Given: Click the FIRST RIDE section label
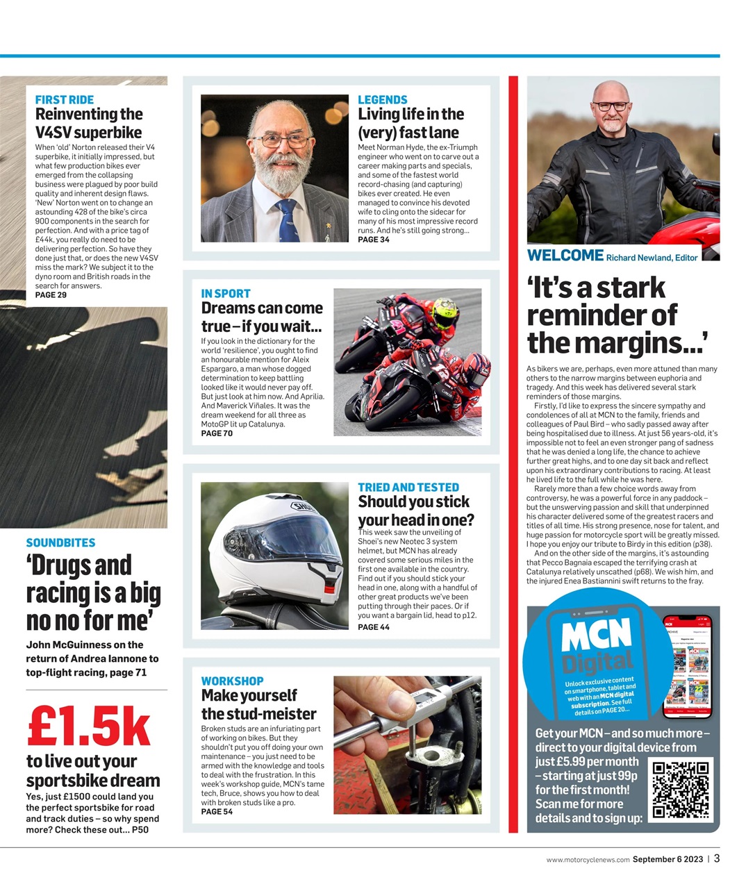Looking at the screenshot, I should pyautogui.click(x=64, y=100).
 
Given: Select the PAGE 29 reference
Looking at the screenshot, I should pyautogui.click(x=51, y=295).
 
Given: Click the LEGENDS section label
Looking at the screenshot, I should pyautogui.click(x=382, y=100).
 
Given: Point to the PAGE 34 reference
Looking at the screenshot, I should pyautogui.click(x=374, y=240).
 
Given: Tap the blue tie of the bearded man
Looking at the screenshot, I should pyautogui.click(x=288, y=219).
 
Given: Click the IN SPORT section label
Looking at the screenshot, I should pyautogui.click(x=226, y=294).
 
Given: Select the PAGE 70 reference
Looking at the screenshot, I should pyautogui.click(x=217, y=433).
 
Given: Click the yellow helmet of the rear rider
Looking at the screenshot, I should pyautogui.click(x=445, y=313).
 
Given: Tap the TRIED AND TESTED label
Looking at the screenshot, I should pyautogui.click(x=408, y=488).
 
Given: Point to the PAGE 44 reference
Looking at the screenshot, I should pyautogui.click(x=374, y=627).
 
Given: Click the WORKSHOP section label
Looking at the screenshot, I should pyautogui.click(x=232, y=681).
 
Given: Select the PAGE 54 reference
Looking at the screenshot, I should pyautogui.click(x=217, y=812).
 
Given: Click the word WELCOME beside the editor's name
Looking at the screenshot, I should pyautogui.click(x=565, y=256).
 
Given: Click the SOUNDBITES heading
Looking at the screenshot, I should pyautogui.click(x=60, y=543).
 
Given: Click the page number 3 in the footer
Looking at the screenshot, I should pyautogui.click(x=717, y=858).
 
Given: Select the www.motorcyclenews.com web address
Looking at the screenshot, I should pyautogui.click(x=588, y=860).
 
